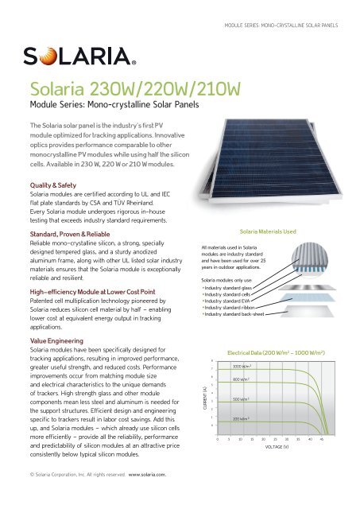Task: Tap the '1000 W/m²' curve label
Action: (242, 365)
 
